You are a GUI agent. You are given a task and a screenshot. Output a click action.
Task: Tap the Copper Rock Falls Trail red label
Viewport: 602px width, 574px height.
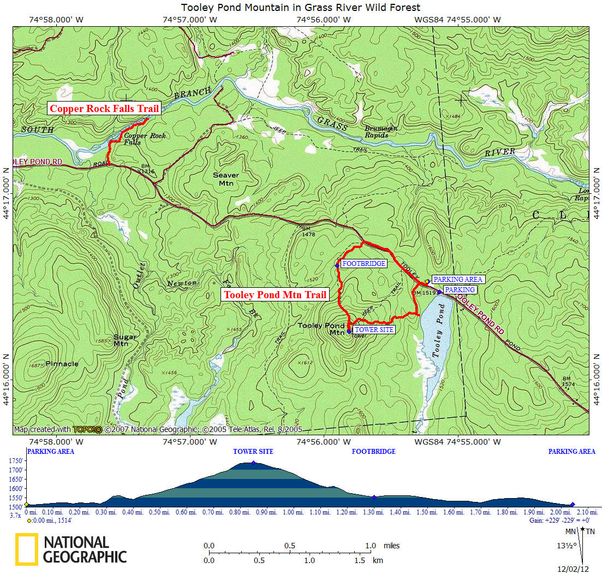[x=104, y=109]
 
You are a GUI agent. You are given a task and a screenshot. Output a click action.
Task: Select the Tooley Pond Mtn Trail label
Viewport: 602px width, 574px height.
[x=276, y=295]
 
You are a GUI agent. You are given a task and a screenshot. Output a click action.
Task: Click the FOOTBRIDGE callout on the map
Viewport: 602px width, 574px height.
[x=363, y=264]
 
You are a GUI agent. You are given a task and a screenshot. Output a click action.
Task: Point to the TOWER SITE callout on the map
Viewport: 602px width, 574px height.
[x=374, y=330]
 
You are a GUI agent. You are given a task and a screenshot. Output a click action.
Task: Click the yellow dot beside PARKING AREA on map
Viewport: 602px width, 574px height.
[x=427, y=281]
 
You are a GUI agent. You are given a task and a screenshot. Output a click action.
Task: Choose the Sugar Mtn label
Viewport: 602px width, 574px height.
[x=125, y=340]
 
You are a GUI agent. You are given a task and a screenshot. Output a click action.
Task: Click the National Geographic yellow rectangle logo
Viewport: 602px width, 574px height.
[x=27, y=549]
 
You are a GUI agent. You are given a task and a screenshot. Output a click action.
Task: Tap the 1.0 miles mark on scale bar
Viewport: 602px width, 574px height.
[x=371, y=546]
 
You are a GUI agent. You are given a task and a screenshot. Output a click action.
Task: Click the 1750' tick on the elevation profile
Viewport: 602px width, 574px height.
[x=15, y=461]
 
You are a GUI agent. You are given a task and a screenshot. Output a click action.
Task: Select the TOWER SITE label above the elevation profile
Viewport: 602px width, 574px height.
[x=253, y=452]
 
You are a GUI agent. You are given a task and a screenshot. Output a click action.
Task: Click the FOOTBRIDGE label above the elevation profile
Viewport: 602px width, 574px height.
[x=373, y=452]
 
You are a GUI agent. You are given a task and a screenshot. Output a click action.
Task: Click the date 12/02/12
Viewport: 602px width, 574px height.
[x=570, y=569]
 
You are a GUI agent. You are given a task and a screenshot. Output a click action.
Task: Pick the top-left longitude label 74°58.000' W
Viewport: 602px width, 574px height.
[x=56, y=20]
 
